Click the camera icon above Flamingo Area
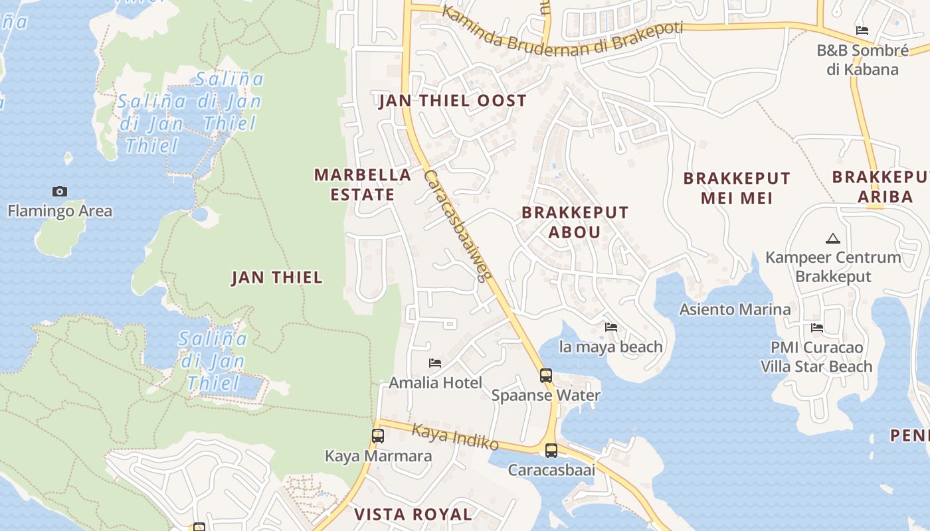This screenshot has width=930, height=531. [x=60, y=192]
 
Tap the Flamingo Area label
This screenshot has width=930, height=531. [x=60, y=211]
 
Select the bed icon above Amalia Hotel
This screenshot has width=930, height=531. [x=435, y=363]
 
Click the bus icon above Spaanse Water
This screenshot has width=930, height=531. [x=546, y=376]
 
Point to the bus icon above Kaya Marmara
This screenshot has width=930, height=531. [x=378, y=436]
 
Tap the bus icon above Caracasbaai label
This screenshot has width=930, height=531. [x=551, y=451]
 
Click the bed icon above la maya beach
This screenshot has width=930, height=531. [x=611, y=327]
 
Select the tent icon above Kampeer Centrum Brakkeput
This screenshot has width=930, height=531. [x=832, y=238]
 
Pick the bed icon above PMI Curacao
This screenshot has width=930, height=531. [x=817, y=328]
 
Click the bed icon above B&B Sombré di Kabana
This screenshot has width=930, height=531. [x=862, y=31]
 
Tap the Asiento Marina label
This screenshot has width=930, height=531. [x=735, y=309]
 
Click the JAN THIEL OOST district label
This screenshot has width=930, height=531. [x=452, y=101]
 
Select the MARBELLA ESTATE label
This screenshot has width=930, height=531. [x=363, y=185]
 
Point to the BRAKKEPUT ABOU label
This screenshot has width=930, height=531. [x=575, y=222]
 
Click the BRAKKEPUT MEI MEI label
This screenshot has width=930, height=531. [x=737, y=188]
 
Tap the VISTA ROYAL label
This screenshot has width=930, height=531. [x=413, y=514]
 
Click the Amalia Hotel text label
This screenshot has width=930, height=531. [x=435, y=383]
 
